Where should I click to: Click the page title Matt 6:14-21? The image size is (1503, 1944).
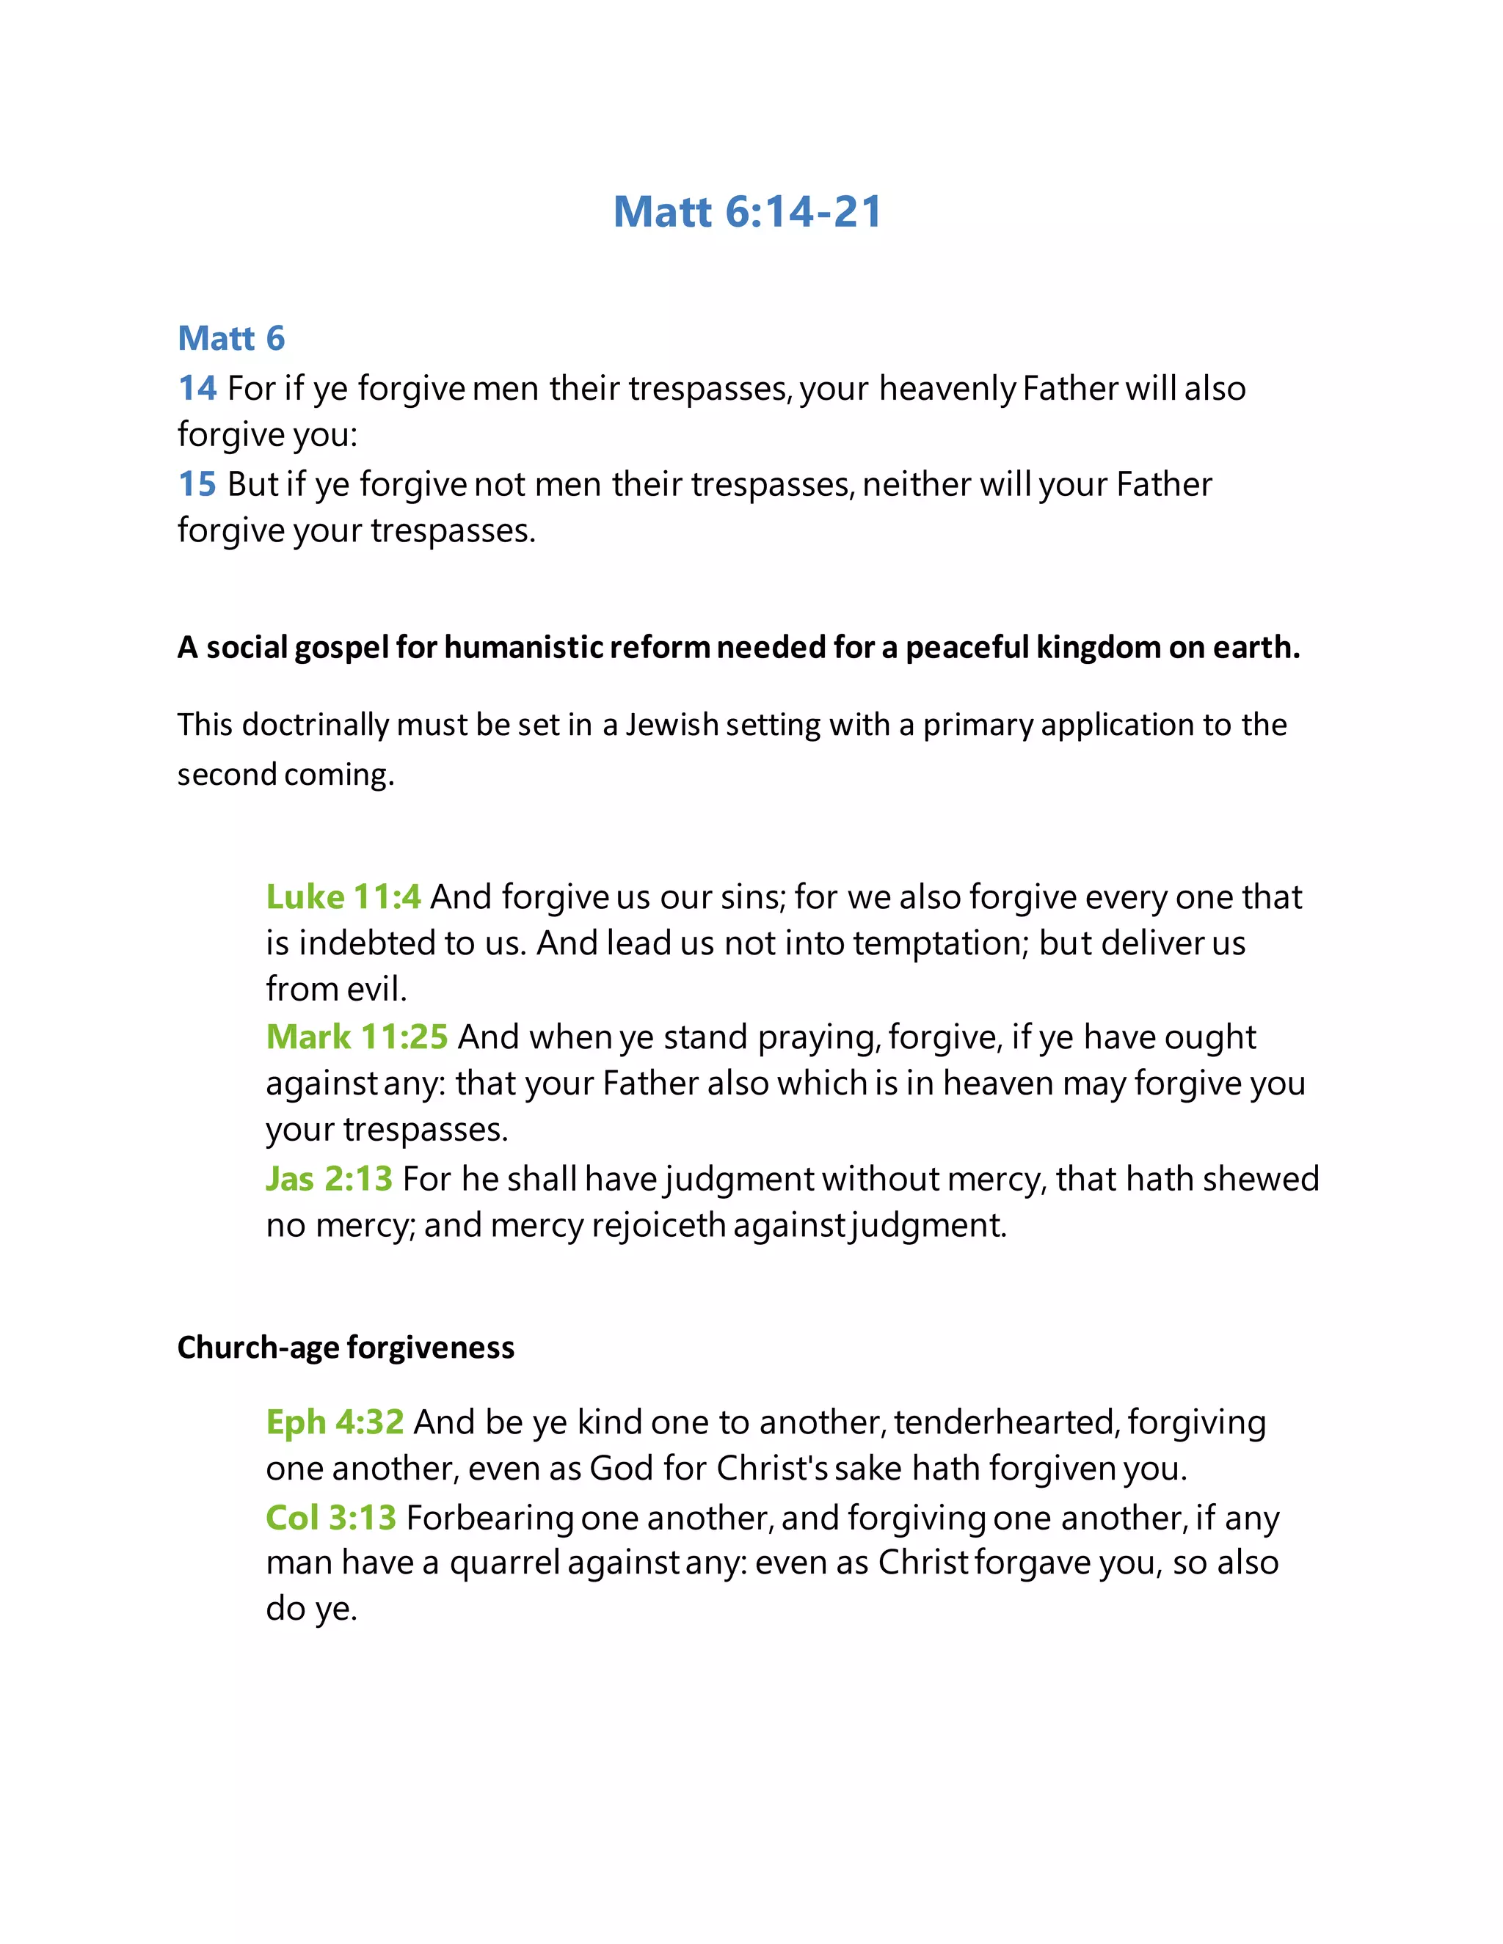pos(748,212)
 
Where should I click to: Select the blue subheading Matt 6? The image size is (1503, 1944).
pos(231,338)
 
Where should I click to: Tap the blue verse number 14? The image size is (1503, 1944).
pos(197,388)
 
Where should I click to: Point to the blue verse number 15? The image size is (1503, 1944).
pos(197,484)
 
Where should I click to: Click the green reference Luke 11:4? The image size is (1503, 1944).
pos(343,896)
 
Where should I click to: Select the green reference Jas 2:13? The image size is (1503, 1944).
pos(329,1179)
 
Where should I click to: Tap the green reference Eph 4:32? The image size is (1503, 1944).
pos(335,1422)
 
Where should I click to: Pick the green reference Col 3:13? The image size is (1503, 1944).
pos(330,1518)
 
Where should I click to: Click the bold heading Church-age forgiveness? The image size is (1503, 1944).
pos(346,1348)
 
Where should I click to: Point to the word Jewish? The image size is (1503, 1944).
pos(672,725)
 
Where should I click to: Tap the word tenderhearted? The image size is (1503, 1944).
pos(1005,1422)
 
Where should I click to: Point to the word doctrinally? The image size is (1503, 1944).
pos(315,725)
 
